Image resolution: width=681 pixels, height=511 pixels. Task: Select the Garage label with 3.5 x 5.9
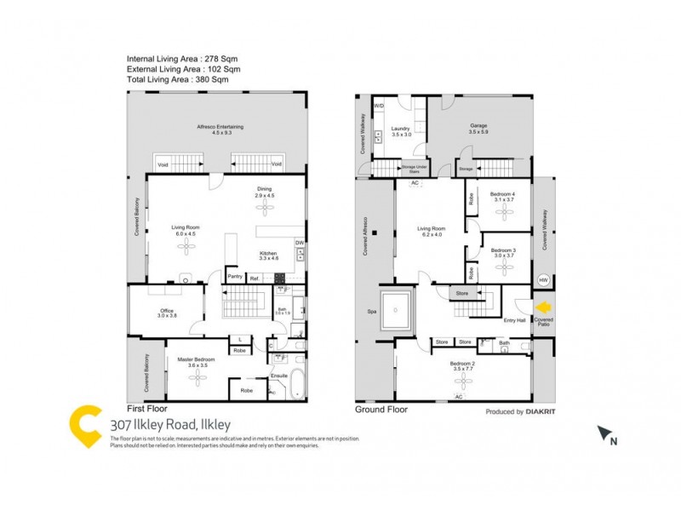tap(483, 129)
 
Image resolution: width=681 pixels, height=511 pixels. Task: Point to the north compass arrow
tap(605, 433)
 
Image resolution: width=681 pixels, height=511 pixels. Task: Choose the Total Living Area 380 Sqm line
tap(177, 79)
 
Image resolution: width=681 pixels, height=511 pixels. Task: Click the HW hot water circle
tap(543, 279)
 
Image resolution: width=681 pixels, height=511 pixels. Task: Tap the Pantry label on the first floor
tap(234, 278)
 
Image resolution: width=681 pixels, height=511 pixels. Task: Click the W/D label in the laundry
tap(379, 106)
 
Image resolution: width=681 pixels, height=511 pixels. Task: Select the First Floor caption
tap(145, 409)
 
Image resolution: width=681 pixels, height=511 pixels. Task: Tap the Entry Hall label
tap(514, 320)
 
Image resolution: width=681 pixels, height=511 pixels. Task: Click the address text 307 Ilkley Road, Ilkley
tap(170, 423)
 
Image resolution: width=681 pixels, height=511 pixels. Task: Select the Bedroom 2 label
tap(464, 365)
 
